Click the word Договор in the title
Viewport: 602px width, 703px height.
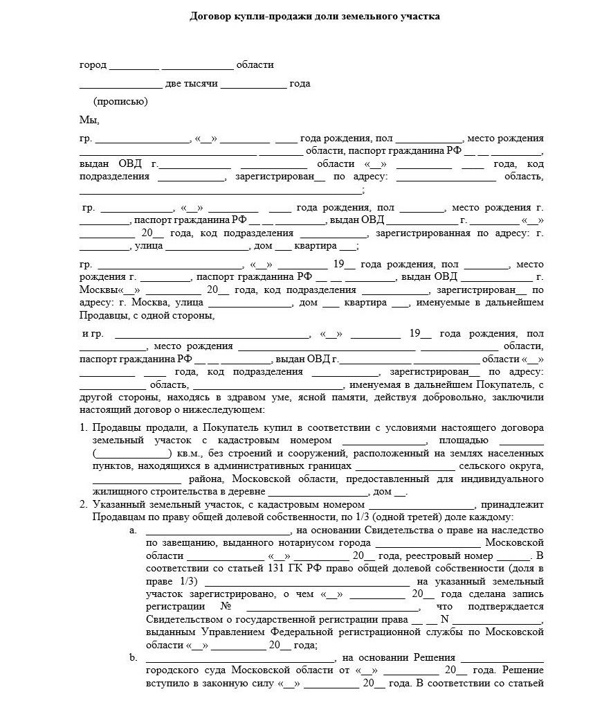click(210, 15)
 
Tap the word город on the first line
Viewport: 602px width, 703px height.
click(93, 65)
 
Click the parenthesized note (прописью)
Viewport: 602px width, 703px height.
click(120, 102)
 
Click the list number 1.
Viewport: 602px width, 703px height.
click(83, 427)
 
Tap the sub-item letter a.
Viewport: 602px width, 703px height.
click(133, 531)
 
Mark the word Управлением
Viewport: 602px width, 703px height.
click(232, 632)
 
